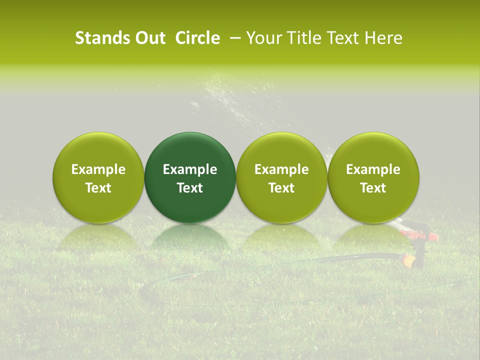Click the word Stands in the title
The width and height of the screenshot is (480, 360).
pos(98,38)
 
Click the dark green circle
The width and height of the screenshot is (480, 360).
pos(190,150)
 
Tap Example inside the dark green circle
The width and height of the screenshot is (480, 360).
pos(190,169)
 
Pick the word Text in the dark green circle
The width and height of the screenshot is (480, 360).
pos(190,188)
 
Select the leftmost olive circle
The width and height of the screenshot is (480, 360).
pos(98,150)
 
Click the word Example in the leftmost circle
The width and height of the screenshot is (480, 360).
pos(98,169)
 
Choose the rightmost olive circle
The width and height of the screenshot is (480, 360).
pos(373,150)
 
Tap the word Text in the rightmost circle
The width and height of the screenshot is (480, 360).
pos(373,188)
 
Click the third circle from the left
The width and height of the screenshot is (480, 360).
pos(281,150)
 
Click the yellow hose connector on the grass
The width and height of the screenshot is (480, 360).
pos(408,261)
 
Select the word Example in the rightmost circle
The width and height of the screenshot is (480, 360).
pos(373,169)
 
